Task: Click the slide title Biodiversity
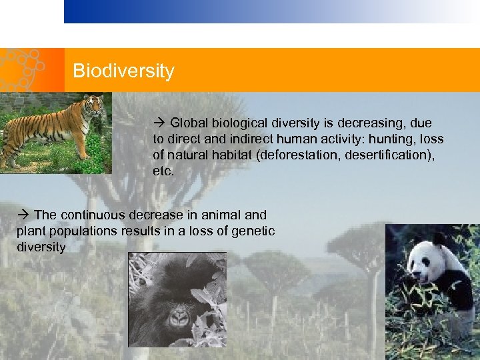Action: pyautogui.click(x=123, y=71)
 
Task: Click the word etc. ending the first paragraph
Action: pyautogui.click(x=163, y=171)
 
